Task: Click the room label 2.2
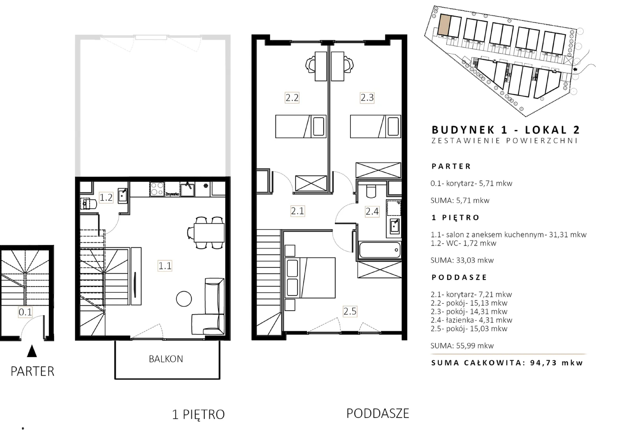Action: [x=292, y=98]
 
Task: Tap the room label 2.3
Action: [x=367, y=98]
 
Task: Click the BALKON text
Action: [x=166, y=359]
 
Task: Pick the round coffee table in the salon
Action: [x=184, y=299]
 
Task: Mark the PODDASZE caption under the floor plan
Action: [x=378, y=413]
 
